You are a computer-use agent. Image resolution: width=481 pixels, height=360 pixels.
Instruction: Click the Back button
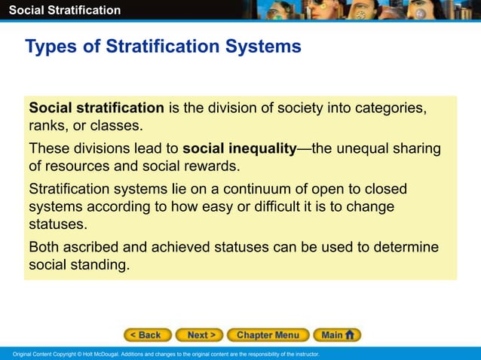pyautogui.click(x=147, y=335)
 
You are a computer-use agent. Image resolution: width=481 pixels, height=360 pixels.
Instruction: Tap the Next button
pyautogui.click(x=202, y=335)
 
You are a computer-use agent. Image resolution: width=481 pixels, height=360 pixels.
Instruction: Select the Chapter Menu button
pyautogui.click(x=268, y=335)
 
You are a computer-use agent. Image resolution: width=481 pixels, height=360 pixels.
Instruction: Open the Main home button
pyautogui.click(x=337, y=335)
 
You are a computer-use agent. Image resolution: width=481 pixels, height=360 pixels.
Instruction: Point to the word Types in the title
pyautogui.click(x=49, y=47)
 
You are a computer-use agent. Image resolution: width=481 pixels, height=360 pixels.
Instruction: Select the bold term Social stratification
pyautogui.click(x=97, y=108)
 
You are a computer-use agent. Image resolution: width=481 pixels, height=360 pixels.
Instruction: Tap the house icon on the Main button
pyautogui.click(x=350, y=335)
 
